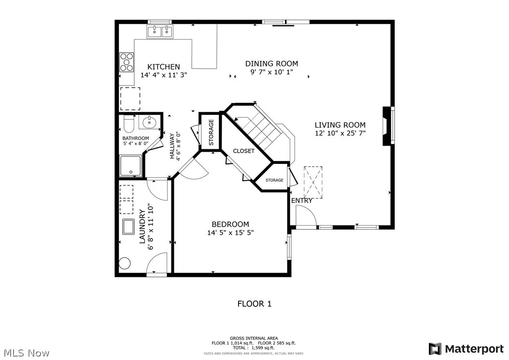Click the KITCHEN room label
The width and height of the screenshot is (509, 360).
click(164, 67)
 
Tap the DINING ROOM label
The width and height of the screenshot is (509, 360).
click(271, 63)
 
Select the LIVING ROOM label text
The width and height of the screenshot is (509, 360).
click(340, 125)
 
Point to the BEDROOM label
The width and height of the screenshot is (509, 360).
click(230, 224)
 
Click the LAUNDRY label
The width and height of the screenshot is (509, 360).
click(142, 226)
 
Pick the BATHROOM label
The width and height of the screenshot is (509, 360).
click(135, 138)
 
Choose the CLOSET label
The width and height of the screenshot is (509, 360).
click(244, 151)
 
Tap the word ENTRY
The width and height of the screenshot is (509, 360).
click(301, 201)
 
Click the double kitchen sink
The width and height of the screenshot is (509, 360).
click(160, 32)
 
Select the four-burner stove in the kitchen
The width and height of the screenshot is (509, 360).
click(127, 62)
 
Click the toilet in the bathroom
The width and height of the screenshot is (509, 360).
click(128, 124)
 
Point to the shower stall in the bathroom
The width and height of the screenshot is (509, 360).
click(130, 166)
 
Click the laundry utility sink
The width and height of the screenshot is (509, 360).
click(128, 227)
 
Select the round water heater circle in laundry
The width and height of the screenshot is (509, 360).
click(125, 264)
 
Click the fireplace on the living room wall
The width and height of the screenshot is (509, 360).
click(386, 126)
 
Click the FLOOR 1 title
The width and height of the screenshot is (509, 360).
click(254, 303)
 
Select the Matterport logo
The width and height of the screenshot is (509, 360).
click(466, 348)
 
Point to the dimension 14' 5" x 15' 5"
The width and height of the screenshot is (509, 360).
click(230, 232)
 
